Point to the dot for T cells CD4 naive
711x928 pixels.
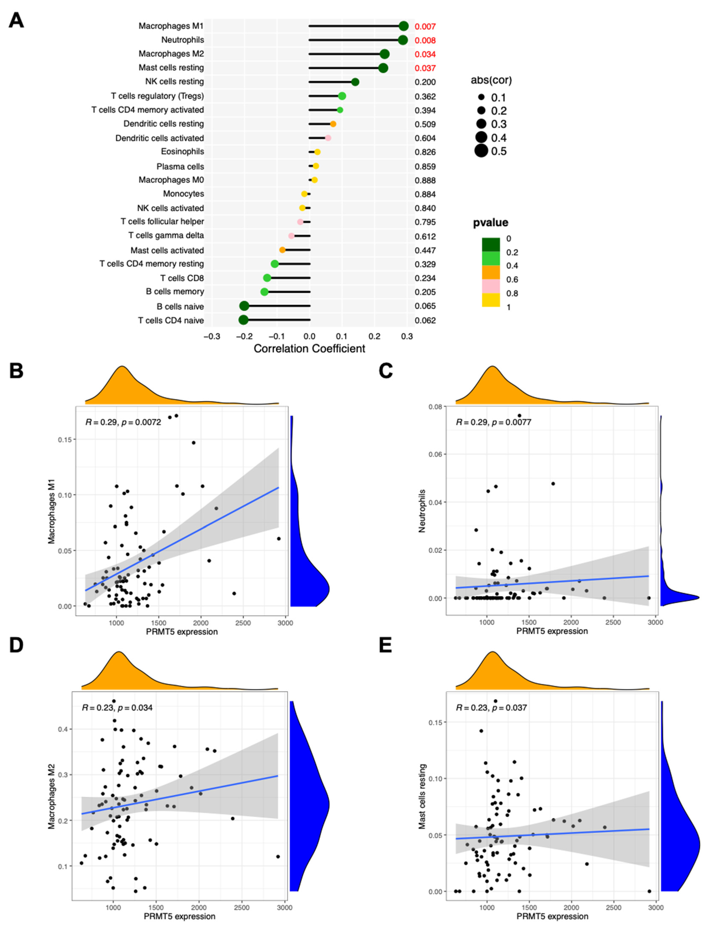pos(243,320)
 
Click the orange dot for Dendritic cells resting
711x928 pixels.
pos(333,124)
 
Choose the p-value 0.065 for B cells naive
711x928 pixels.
pos(425,306)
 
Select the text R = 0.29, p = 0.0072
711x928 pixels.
pos(123,422)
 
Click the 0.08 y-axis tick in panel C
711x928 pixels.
pos(435,407)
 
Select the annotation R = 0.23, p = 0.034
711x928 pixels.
pos(117,708)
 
